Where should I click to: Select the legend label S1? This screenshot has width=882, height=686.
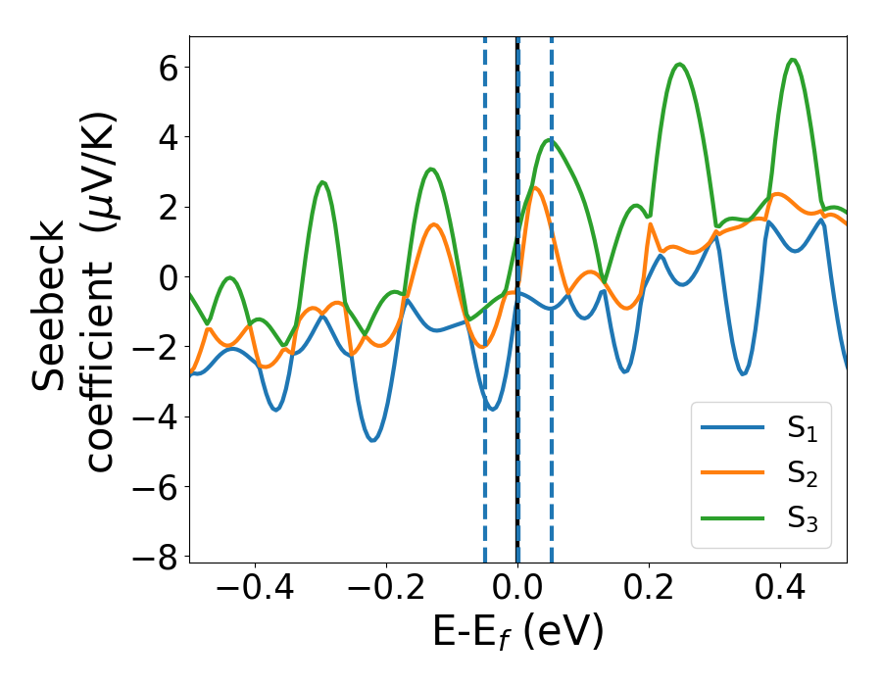(804, 429)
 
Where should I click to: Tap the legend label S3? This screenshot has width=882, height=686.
(804, 519)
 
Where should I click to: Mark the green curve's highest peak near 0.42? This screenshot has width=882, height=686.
(793, 60)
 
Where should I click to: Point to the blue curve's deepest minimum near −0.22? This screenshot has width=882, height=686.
(372, 440)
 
